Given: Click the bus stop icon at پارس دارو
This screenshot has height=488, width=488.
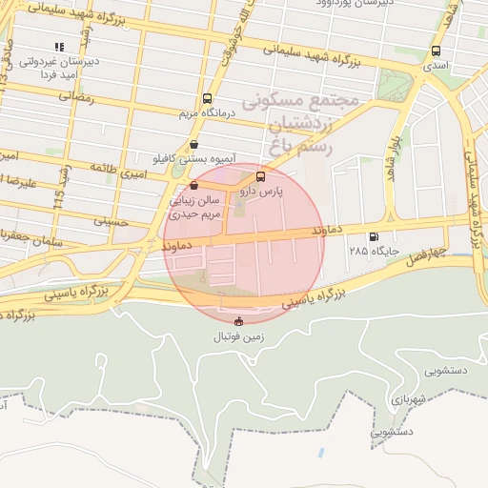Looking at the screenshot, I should pos(260,177).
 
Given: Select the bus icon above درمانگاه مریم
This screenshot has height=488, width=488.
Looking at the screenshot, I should pos(208,98).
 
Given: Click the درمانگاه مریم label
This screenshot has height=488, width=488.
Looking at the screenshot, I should pos(207,114).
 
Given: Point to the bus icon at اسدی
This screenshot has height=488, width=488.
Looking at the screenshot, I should pos(437,51).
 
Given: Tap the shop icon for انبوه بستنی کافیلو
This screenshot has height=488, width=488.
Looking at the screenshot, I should pos(194,145).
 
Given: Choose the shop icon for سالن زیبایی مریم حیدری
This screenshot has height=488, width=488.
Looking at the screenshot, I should pos(194,185).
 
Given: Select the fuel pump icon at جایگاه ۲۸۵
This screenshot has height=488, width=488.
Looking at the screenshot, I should pos(373,236).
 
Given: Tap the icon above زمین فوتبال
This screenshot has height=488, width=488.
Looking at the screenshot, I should pos(238,321).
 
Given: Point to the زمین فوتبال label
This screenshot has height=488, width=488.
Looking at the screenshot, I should pos(238,337).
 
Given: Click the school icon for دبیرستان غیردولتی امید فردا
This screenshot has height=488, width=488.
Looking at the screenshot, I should pos(59,46).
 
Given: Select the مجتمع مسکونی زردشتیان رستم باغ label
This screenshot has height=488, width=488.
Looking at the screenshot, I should pos(300,124).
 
